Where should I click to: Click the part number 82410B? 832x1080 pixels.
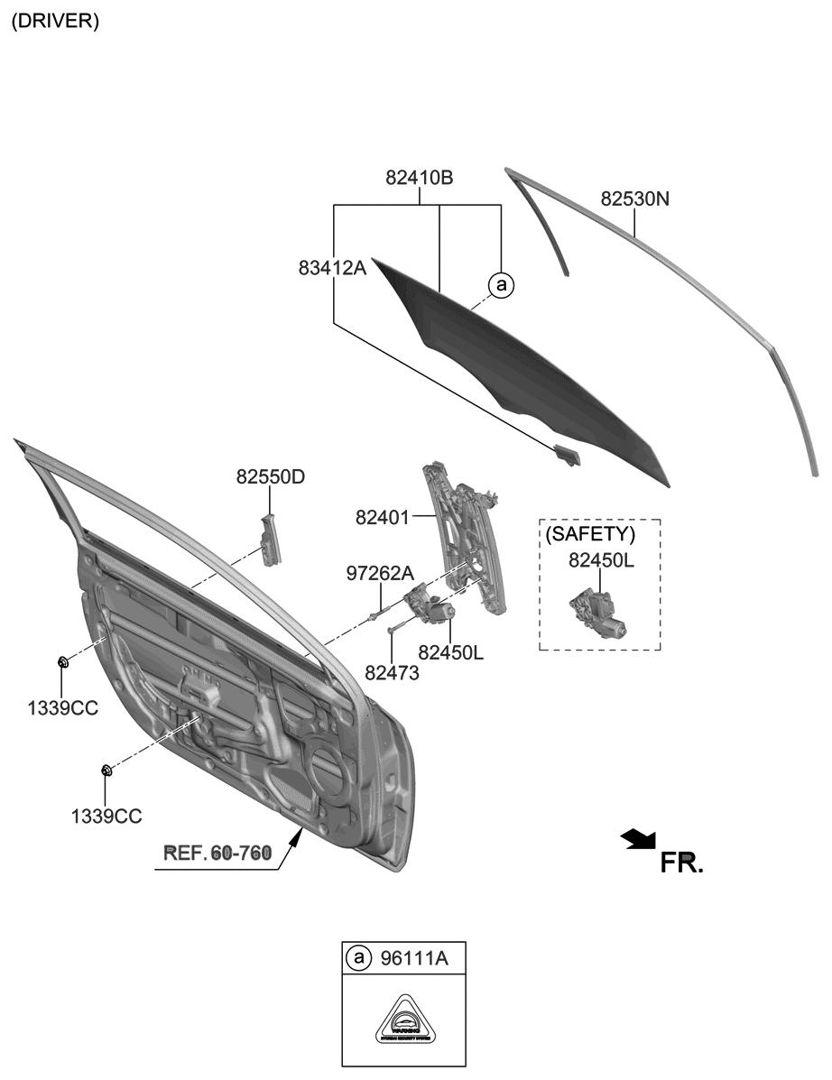[419, 179]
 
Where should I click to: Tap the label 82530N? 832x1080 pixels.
[635, 198]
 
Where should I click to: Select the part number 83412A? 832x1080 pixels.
[332, 267]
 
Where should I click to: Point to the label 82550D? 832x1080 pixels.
[271, 475]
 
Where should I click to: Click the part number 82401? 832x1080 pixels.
[383, 518]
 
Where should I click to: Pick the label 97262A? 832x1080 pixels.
[380, 573]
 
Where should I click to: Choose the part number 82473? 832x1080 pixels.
[392, 672]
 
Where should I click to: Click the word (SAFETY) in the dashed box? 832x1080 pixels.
[591, 534]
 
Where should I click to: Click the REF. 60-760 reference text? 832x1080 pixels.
[217, 853]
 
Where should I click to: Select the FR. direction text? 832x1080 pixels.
[681, 863]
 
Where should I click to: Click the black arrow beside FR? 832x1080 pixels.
[639, 839]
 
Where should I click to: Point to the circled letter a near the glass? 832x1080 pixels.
[500, 285]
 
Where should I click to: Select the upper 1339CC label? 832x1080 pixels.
[62, 708]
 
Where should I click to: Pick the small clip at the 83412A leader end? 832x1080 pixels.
[568, 456]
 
